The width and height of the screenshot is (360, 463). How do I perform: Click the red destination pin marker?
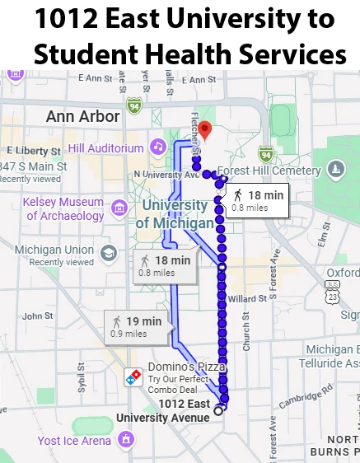pyautogui.click(x=206, y=129)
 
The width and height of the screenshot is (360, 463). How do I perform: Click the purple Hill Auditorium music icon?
pyautogui.click(x=157, y=147)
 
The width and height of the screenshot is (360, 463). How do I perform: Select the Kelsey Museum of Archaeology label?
pyautogui.click(x=65, y=208)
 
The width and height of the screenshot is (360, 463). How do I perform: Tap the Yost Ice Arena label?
pyautogui.click(x=73, y=441)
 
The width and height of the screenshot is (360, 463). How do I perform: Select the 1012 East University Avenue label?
pyautogui.click(x=163, y=409)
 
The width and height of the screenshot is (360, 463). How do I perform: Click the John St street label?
pyautogui.click(x=37, y=316)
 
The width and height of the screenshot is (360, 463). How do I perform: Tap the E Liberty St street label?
pyautogui.click(x=29, y=150)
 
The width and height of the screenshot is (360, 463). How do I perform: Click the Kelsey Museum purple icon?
pyautogui.click(x=119, y=206)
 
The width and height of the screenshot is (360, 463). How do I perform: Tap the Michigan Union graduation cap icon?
pyautogui.click(x=108, y=252)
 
